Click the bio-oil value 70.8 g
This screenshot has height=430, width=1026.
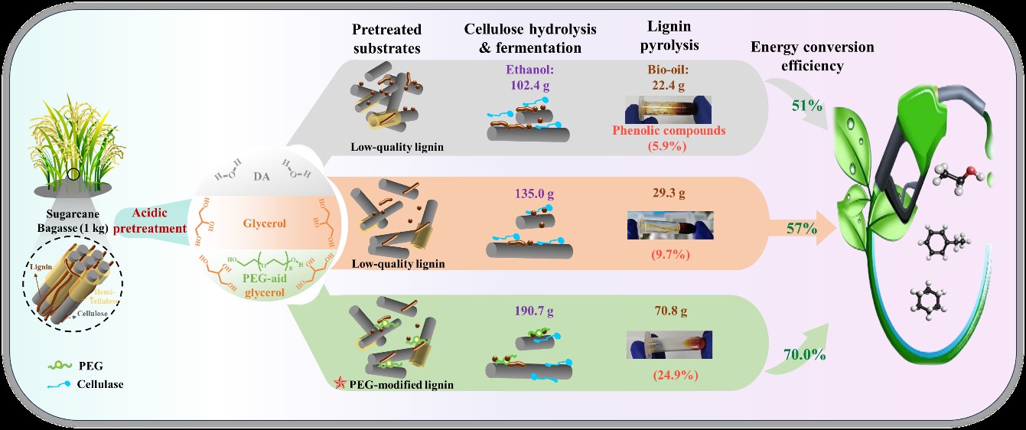(669, 311)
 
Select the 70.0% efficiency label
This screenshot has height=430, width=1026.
(803, 354)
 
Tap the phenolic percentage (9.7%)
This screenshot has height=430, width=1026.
(670, 254)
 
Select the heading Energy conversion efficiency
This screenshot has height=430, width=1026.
(812, 57)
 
